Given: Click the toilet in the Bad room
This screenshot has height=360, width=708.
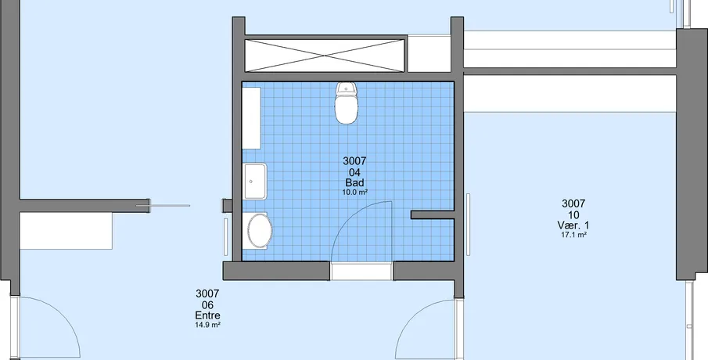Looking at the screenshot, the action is click(347, 103).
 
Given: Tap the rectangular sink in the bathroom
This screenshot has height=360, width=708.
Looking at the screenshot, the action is click(255, 182).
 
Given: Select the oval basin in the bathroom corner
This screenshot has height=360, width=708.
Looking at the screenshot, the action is click(260, 231).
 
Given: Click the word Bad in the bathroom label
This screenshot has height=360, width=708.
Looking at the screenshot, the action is click(354, 182).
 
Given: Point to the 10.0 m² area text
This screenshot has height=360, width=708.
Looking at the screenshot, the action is click(354, 192).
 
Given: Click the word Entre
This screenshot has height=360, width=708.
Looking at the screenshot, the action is click(207, 315).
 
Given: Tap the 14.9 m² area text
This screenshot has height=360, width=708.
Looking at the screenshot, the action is click(207, 325).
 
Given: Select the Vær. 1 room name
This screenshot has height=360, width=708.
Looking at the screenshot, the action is click(573, 225).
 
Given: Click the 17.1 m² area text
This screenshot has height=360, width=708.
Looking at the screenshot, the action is click(573, 235).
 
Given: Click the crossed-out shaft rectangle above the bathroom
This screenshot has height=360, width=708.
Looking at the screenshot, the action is click(325, 56).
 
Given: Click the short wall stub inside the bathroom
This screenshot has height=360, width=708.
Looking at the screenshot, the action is click(433, 215).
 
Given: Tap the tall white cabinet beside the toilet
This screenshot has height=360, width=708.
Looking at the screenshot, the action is click(251, 118).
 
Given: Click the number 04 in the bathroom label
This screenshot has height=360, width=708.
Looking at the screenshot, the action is click(354, 172).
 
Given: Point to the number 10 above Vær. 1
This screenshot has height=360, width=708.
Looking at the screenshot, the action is click(573, 214).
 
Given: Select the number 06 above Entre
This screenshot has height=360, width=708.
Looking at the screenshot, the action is click(207, 305).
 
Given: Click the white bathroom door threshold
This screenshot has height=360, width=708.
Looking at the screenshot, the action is click(361, 272).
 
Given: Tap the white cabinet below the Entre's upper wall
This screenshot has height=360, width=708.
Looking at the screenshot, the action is click(66, 231).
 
